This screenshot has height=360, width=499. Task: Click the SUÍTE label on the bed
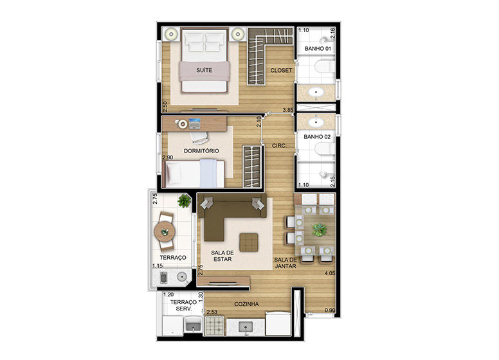click(204, 70)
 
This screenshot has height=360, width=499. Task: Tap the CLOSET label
click(281, 70)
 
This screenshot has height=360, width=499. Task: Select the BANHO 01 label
click(318, 49)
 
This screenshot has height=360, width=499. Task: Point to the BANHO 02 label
click(317, 137)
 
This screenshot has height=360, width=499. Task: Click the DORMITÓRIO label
click(201, 150)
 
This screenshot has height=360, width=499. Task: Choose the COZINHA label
click(246, 304)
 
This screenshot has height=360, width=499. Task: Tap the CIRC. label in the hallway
click(279, 146)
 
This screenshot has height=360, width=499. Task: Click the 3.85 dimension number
click(288, 110)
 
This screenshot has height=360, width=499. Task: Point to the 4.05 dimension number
click(330, 273)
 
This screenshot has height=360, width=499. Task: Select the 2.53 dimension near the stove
click(212, 312)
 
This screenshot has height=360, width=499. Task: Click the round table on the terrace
click(165, 231)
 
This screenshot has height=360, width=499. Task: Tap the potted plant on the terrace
click(185, 201)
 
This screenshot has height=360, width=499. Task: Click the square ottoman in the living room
click(249, 242)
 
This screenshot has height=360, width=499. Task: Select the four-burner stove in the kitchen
click(215, 325)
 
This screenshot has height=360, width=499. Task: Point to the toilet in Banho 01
click(324, 67)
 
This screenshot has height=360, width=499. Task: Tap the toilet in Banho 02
click(324, 149)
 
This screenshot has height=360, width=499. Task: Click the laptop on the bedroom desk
click(194, 123)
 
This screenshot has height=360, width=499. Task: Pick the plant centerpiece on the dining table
click(319, 230)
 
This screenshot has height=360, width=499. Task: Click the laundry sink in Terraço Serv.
click(194, 325)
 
